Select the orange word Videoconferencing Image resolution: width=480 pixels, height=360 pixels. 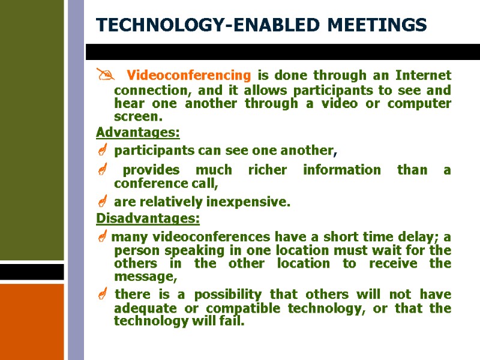pos(189,76)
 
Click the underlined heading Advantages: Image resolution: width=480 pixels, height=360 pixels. pos(137,131)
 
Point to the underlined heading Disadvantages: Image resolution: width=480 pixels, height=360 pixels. pos(148,217)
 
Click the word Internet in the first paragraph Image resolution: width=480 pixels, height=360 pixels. pos(423,76)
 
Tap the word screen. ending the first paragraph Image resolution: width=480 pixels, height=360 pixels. pos(138,116)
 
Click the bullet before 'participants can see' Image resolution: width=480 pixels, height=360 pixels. pos(101,149)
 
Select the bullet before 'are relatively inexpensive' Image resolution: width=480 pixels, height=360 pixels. pos(101,202)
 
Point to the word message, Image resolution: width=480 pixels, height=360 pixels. pos(146,277)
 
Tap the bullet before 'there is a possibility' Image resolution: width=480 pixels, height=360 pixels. pos(101,295)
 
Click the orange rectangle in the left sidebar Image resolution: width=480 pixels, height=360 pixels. pos(32,321)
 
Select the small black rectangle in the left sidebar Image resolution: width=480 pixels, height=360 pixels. pos(32,272)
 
